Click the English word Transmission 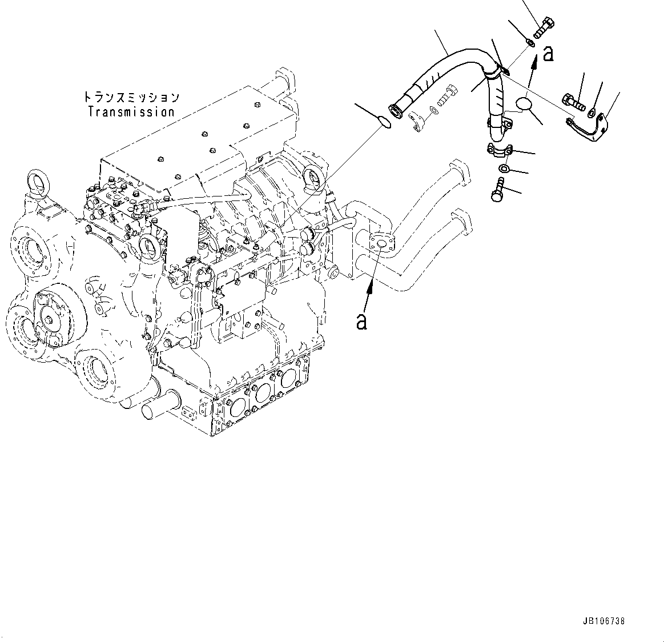click(131, 112)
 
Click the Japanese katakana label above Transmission click(131, 97)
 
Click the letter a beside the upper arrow click(548, 54)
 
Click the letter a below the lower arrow click(361, 322)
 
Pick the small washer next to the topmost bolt click(530, 42)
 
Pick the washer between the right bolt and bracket click(593, 110)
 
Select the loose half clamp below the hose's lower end click(500, 150)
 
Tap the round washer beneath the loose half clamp click(505, 168)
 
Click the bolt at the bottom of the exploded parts click(497, 190)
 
